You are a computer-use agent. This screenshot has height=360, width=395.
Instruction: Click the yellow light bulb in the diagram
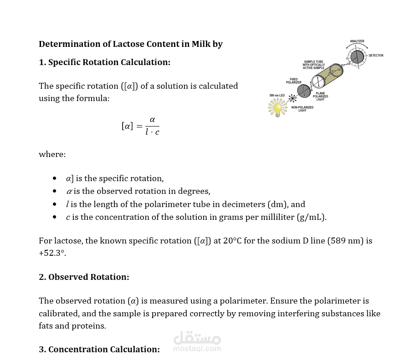(x=276, y=108)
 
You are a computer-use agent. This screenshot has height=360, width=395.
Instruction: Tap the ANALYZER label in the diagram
(x=357, y=41)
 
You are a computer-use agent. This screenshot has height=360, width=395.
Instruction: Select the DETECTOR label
(x=376, y=56)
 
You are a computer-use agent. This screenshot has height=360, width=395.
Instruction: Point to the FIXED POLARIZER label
(x=293, y=81)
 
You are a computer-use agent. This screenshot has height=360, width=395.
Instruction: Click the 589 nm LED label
(x=277, y=96)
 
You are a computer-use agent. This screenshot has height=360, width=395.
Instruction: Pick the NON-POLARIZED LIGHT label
(x=302, y=109)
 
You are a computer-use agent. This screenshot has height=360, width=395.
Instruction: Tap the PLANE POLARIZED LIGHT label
(x=320, y=96)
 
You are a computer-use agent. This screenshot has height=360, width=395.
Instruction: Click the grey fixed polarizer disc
(x=303, y=91)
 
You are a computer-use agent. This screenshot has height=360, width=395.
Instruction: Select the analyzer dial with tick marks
(x=357, y=57)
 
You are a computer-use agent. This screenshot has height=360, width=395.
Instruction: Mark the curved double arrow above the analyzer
(x=357, y=46)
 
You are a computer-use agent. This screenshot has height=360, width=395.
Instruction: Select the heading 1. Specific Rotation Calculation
(x=104, y=62)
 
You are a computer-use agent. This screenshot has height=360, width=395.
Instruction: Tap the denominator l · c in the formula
(x=152, y=132)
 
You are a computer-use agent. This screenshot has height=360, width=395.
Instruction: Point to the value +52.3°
(x=52, y=253)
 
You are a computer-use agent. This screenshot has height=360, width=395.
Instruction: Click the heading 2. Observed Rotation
(x=84, y=277)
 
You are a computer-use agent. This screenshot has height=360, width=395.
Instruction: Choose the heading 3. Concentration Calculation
(x=99, y=349)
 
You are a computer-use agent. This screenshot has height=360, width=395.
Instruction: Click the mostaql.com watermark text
(x=197, y=349)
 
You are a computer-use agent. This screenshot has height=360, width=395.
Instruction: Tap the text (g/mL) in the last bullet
(x=311, y=217)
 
